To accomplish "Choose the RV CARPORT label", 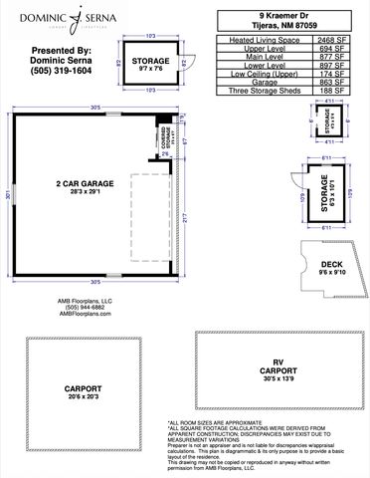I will pyautogui.click(x=277, y=368).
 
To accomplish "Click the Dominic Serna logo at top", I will pyautogui.click(x=62, y=17).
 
